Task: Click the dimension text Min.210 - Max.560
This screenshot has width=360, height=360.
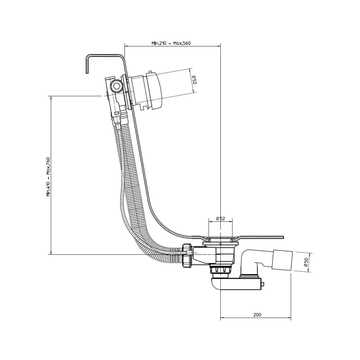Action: point(171,43)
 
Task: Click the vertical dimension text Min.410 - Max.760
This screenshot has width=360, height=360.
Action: point(48,177)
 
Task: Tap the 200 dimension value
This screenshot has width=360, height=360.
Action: point(257,315)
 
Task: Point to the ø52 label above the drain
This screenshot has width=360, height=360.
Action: point(221,219)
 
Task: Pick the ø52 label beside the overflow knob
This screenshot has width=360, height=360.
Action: point(194,80)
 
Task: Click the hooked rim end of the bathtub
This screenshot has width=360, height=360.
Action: point(88,64)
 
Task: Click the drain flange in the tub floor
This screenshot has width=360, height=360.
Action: point(220,239)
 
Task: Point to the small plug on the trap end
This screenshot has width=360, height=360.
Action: point(263,284)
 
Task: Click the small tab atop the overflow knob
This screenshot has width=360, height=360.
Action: point(150,72)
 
